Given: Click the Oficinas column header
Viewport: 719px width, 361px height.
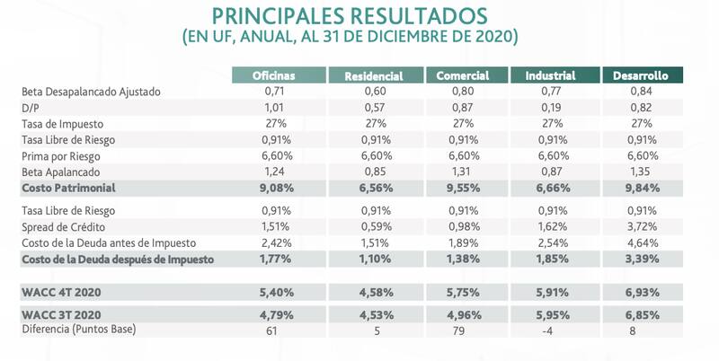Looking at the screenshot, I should [275, 75].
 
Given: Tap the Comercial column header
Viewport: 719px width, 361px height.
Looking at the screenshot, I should [462, 75].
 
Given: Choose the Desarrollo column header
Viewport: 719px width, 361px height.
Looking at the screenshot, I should [642, 75].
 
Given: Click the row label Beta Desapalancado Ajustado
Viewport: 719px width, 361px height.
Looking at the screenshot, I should [91, 92].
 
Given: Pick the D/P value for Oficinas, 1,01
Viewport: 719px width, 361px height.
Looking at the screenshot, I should [275, 108].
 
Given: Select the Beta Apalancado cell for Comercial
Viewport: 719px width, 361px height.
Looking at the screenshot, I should [462, 170].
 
